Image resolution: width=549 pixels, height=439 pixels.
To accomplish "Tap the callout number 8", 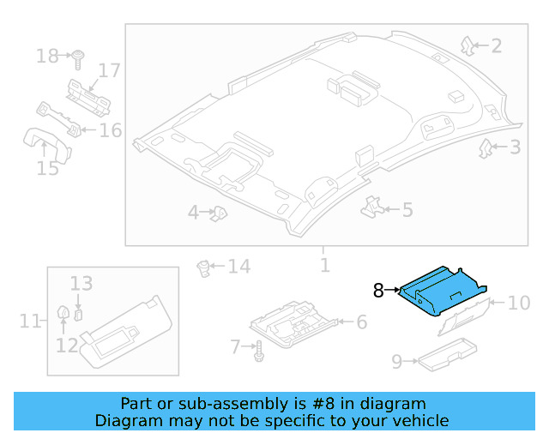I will click(378, 291).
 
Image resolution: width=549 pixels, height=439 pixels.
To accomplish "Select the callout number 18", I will click(47, 57).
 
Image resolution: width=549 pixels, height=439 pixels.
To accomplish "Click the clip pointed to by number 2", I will click(468, 44).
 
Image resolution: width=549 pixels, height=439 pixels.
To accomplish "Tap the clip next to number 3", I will click(486, 147).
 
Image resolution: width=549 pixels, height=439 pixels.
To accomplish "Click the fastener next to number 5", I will click(372, 206).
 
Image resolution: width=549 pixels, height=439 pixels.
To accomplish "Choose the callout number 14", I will click(238, 267).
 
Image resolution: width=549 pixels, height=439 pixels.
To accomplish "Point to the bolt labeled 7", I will click(257, 350).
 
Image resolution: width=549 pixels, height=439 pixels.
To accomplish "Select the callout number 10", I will click(519, 303).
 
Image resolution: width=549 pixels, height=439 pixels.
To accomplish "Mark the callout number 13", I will click(81, 283).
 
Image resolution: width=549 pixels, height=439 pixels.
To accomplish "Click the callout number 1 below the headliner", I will click(324, 265).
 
